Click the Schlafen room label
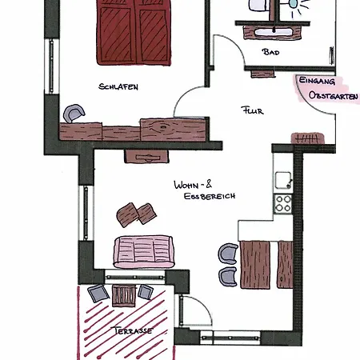point(118,86)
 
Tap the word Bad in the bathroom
point(271,52)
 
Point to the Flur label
point(252,110)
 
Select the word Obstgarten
point(334,95)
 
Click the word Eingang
point(317,81)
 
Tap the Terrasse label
point(133,330)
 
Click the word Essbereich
point(210,196)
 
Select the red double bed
point(134,32)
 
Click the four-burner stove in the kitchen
point(283,203)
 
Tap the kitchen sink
point(283,180)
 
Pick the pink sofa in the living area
point(144,251)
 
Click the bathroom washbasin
point(274,33)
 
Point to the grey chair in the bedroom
point(74,113)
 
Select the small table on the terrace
point(123,296)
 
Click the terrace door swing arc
point(202,306)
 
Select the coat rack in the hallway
point(308,138)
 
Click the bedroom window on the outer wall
point(51,66)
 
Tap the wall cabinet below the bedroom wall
point(146,156)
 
